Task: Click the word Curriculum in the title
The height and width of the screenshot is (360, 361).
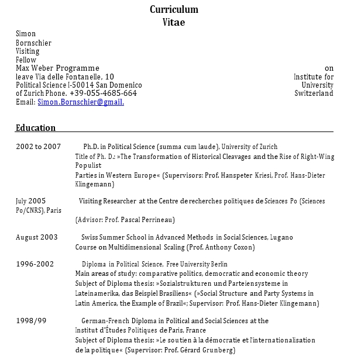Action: click(x=174, y=9)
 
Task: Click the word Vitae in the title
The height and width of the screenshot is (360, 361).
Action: click(x=174, y=22)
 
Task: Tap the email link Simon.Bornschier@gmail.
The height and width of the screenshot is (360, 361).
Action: click(x=81, y=102)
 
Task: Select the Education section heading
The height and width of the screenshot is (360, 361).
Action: click(x=36, y=128)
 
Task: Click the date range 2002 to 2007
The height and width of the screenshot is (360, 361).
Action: click(x=38, y=146)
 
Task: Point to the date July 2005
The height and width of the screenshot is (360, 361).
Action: click(x=30, y=201)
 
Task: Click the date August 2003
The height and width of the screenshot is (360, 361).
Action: click(x=37, y=237)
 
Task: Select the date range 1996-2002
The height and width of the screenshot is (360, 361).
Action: click(x=35, y=264)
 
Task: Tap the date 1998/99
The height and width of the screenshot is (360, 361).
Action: click(x=31, y=321)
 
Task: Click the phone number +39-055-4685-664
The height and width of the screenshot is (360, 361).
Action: click(x=103, y=93)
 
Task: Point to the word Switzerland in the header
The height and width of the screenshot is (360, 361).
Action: click(x=314, y=93)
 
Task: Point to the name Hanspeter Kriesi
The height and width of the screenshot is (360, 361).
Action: click(x=245, y=175)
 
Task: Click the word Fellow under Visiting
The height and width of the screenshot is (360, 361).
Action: click(x=26, y=60)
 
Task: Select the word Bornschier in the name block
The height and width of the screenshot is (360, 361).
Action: click(x=33, y=43)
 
